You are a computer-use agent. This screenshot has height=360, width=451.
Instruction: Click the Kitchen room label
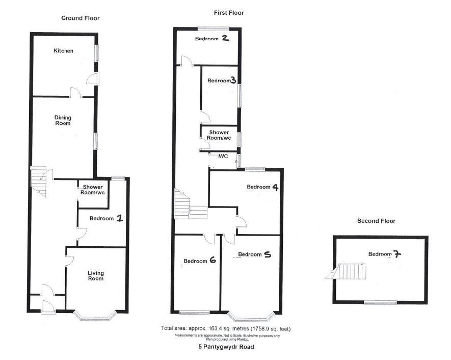(63, 50)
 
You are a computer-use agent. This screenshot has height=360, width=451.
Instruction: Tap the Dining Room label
(63, 120)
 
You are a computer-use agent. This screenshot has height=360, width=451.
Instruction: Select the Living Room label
(96, 276)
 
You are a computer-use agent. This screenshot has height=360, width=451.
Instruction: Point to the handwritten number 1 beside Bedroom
(119, 218)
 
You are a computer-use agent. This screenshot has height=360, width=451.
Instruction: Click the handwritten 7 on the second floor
(397, 254)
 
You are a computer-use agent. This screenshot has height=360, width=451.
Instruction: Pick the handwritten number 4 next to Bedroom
(275, 187)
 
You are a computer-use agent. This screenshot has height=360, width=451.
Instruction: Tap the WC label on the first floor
(223, 156)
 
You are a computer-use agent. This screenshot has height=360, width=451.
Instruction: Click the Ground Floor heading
(80, 18)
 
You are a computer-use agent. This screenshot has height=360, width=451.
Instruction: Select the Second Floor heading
(376, 221)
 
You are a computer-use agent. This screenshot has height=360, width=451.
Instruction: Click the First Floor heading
(229, 13)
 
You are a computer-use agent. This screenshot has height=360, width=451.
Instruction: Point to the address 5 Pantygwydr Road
(226, 347)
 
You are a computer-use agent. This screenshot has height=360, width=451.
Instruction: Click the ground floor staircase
(39, 181)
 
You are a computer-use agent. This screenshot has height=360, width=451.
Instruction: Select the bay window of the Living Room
(96, 316)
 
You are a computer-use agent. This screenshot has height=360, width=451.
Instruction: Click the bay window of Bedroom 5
(250, 317)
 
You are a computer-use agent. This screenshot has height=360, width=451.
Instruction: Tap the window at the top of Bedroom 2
(213, 28)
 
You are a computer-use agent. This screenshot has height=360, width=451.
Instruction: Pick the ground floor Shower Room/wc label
(93, 190)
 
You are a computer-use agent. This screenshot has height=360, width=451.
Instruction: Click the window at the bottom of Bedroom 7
(380, 302)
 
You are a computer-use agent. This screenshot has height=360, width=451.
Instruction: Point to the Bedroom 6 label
(200, 261)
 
